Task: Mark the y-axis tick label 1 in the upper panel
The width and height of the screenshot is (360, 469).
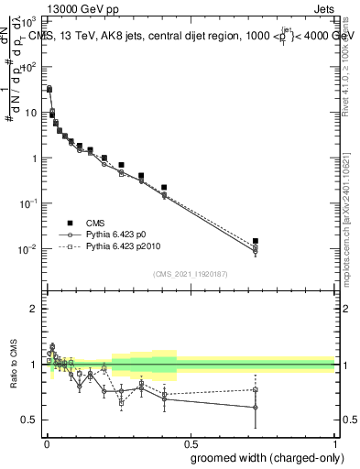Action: click(x=34, y=158)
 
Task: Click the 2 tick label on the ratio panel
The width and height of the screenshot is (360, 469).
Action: click(x=34, y=309)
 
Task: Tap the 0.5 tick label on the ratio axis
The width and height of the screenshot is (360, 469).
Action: click(x=29, y=420)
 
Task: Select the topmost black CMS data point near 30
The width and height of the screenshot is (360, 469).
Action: click(x=49, y=89)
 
